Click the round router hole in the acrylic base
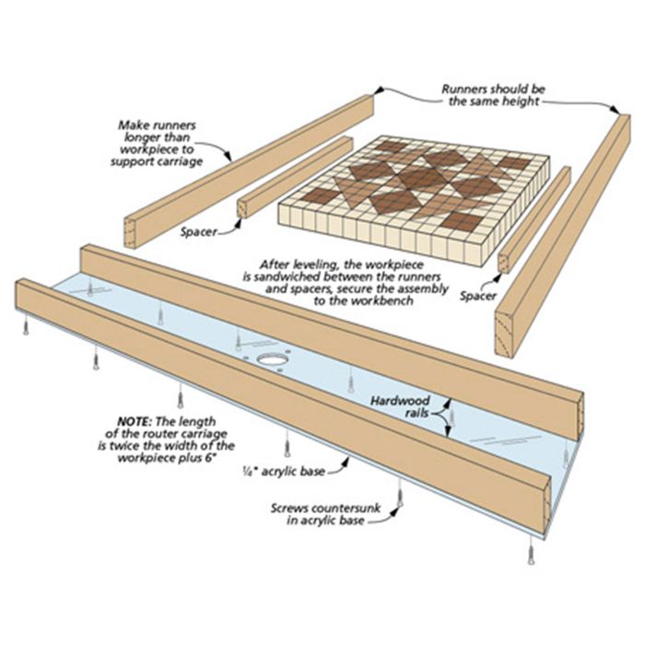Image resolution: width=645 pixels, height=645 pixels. (274, 359)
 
